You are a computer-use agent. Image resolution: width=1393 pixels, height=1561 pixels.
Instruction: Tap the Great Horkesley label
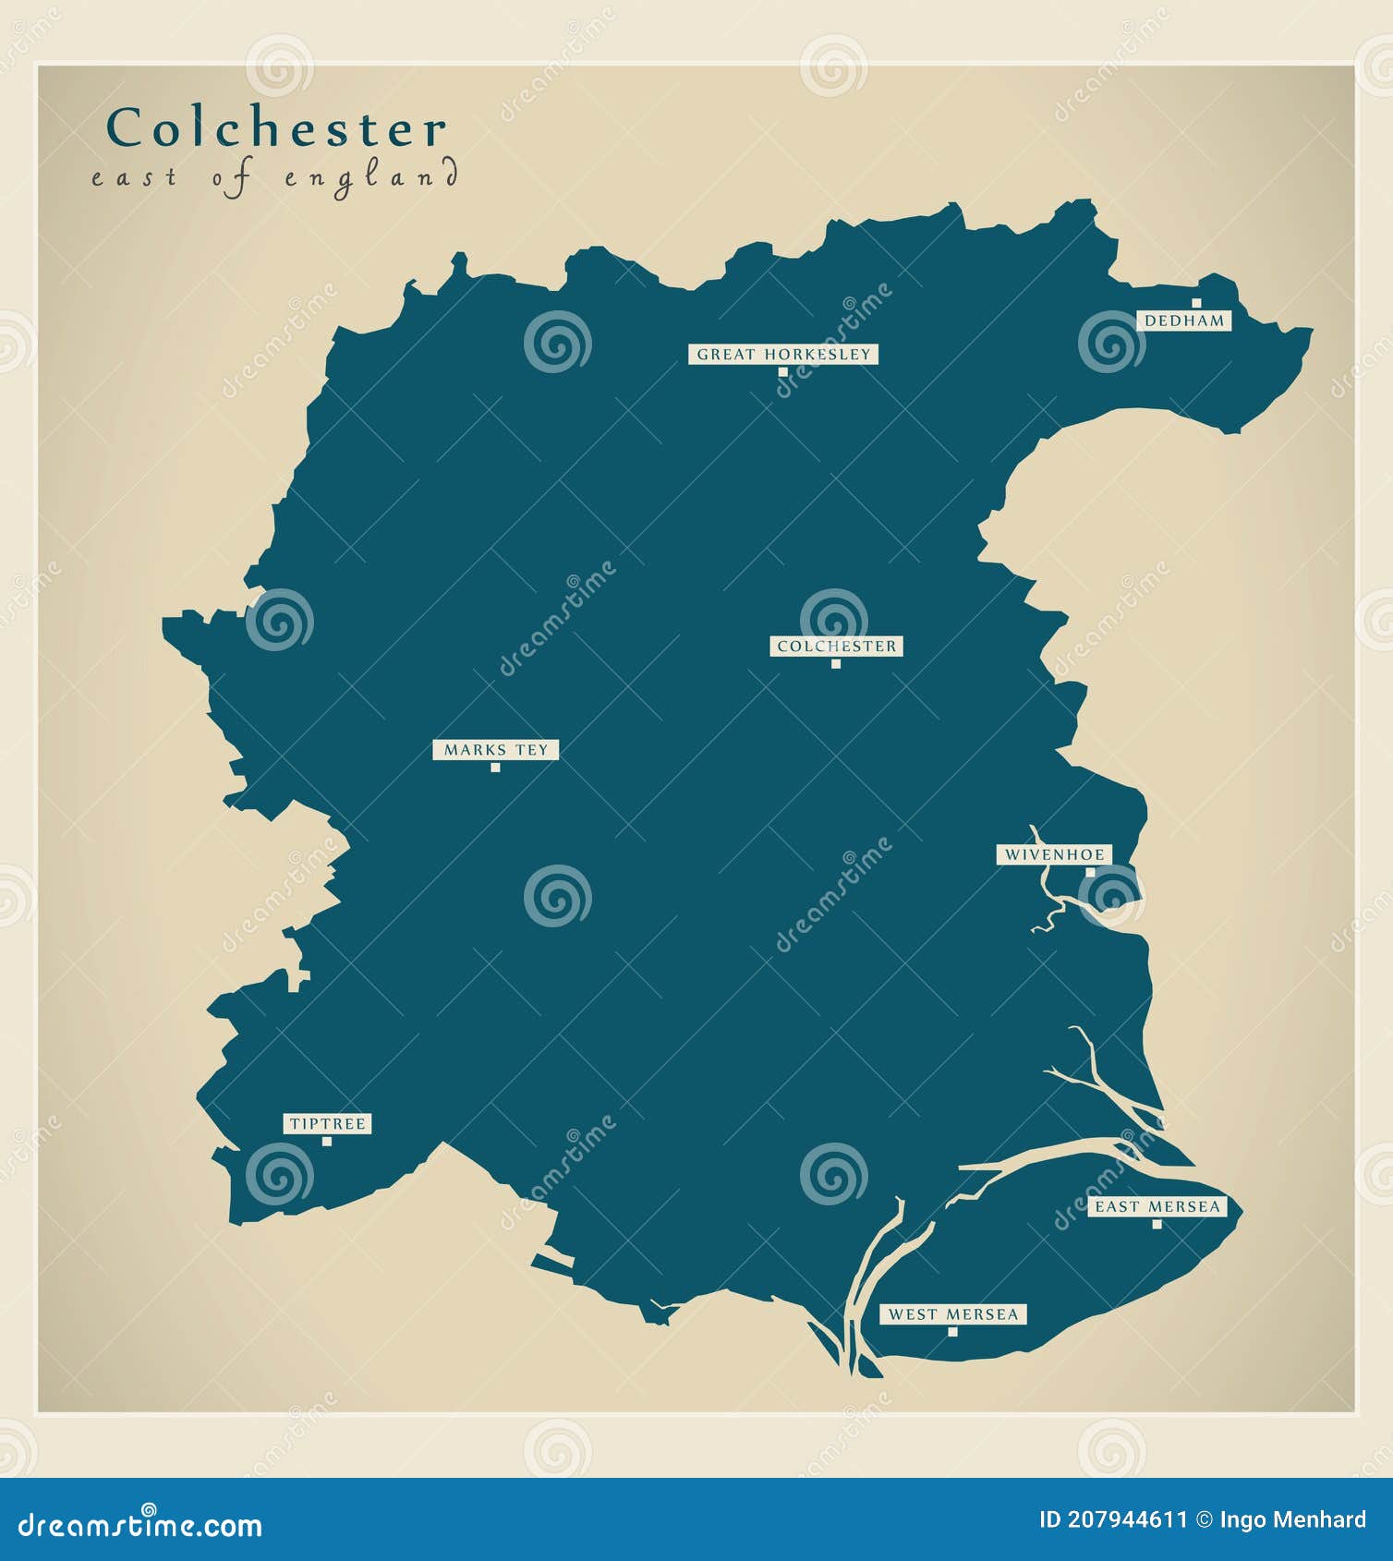(x=783, y=355)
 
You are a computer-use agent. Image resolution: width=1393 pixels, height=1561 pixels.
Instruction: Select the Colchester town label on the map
(x=836, y=647)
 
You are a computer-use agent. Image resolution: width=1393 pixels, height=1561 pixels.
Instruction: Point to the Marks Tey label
(x=496, y=750)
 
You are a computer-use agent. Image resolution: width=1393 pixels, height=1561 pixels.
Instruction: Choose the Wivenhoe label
(x=1054, y=855)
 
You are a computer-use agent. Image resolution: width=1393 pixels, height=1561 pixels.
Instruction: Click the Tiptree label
(x=328, y=1124)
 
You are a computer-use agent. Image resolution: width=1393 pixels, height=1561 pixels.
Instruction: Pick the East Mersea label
(x=1157, y=1206)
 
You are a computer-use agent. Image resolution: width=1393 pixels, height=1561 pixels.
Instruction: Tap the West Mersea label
(x=952, y=1314)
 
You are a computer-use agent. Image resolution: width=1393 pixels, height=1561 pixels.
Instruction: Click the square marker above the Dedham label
(x=1196, y=303)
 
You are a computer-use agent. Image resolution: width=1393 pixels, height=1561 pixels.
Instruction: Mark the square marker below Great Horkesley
(x=782, y=372)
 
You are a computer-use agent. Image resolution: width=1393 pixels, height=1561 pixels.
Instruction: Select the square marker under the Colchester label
(x=836, y=664)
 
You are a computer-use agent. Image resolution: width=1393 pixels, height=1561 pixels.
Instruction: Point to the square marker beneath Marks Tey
(x=495, y=768)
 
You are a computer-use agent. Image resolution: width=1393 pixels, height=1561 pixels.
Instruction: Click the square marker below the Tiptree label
(x=327, y=1142)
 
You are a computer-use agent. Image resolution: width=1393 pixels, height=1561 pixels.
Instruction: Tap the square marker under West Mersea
(x=952, y=1332)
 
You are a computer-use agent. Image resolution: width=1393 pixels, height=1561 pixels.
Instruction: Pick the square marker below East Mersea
(x=1157, y=1225)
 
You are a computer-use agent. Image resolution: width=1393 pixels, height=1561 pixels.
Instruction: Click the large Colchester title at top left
(x=276, y=128)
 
